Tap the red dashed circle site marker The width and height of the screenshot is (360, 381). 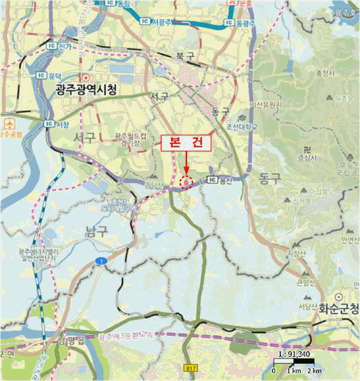[x=187, y=183]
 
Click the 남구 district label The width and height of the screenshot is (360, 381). [x=97, y=231]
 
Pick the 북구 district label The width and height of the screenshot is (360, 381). [x=181, y=56]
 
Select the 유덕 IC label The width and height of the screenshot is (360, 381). [x=50, y=75]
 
